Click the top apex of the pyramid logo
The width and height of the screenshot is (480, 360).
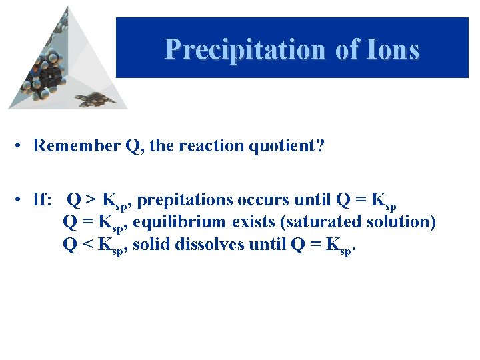(67, 8)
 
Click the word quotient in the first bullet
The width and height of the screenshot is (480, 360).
(291, 145)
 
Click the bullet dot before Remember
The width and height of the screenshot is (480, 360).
(22, 145)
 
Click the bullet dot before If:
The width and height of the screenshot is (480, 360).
(22, 199)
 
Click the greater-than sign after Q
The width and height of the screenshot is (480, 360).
(90, 199)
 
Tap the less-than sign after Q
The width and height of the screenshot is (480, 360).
(87, 244)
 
